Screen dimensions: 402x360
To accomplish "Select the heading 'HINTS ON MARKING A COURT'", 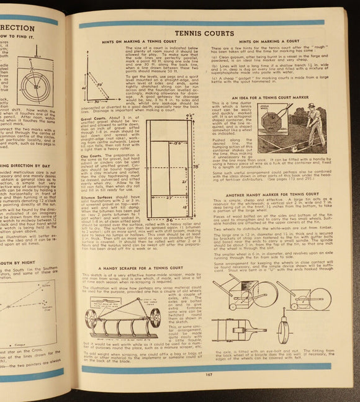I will [x=268, y=41].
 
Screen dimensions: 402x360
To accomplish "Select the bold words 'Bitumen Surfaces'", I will [x=98, y=197].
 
